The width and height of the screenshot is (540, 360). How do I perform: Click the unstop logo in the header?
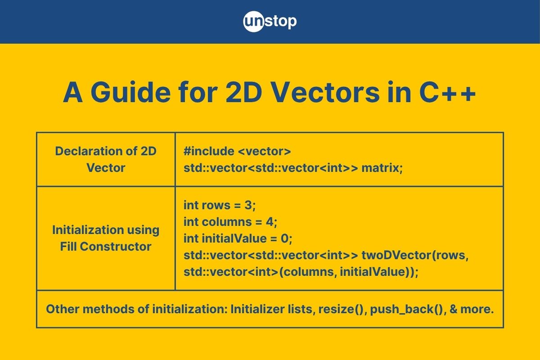pos(270,22)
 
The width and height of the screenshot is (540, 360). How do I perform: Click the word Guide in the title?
pos(130,93)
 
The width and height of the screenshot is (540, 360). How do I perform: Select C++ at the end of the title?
pos(447,93)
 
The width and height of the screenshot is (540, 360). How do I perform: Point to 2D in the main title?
pos(244,93)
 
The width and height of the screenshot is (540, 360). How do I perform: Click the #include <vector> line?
pos(237,152)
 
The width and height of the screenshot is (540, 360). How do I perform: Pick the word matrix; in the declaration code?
pos(382,168)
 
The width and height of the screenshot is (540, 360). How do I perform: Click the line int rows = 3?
pos(220,206)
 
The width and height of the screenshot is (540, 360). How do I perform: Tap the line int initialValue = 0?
pos(238,238)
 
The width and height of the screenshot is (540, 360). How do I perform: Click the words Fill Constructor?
pos(106,247)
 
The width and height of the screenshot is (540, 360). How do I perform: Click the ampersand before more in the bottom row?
pos(453,309)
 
